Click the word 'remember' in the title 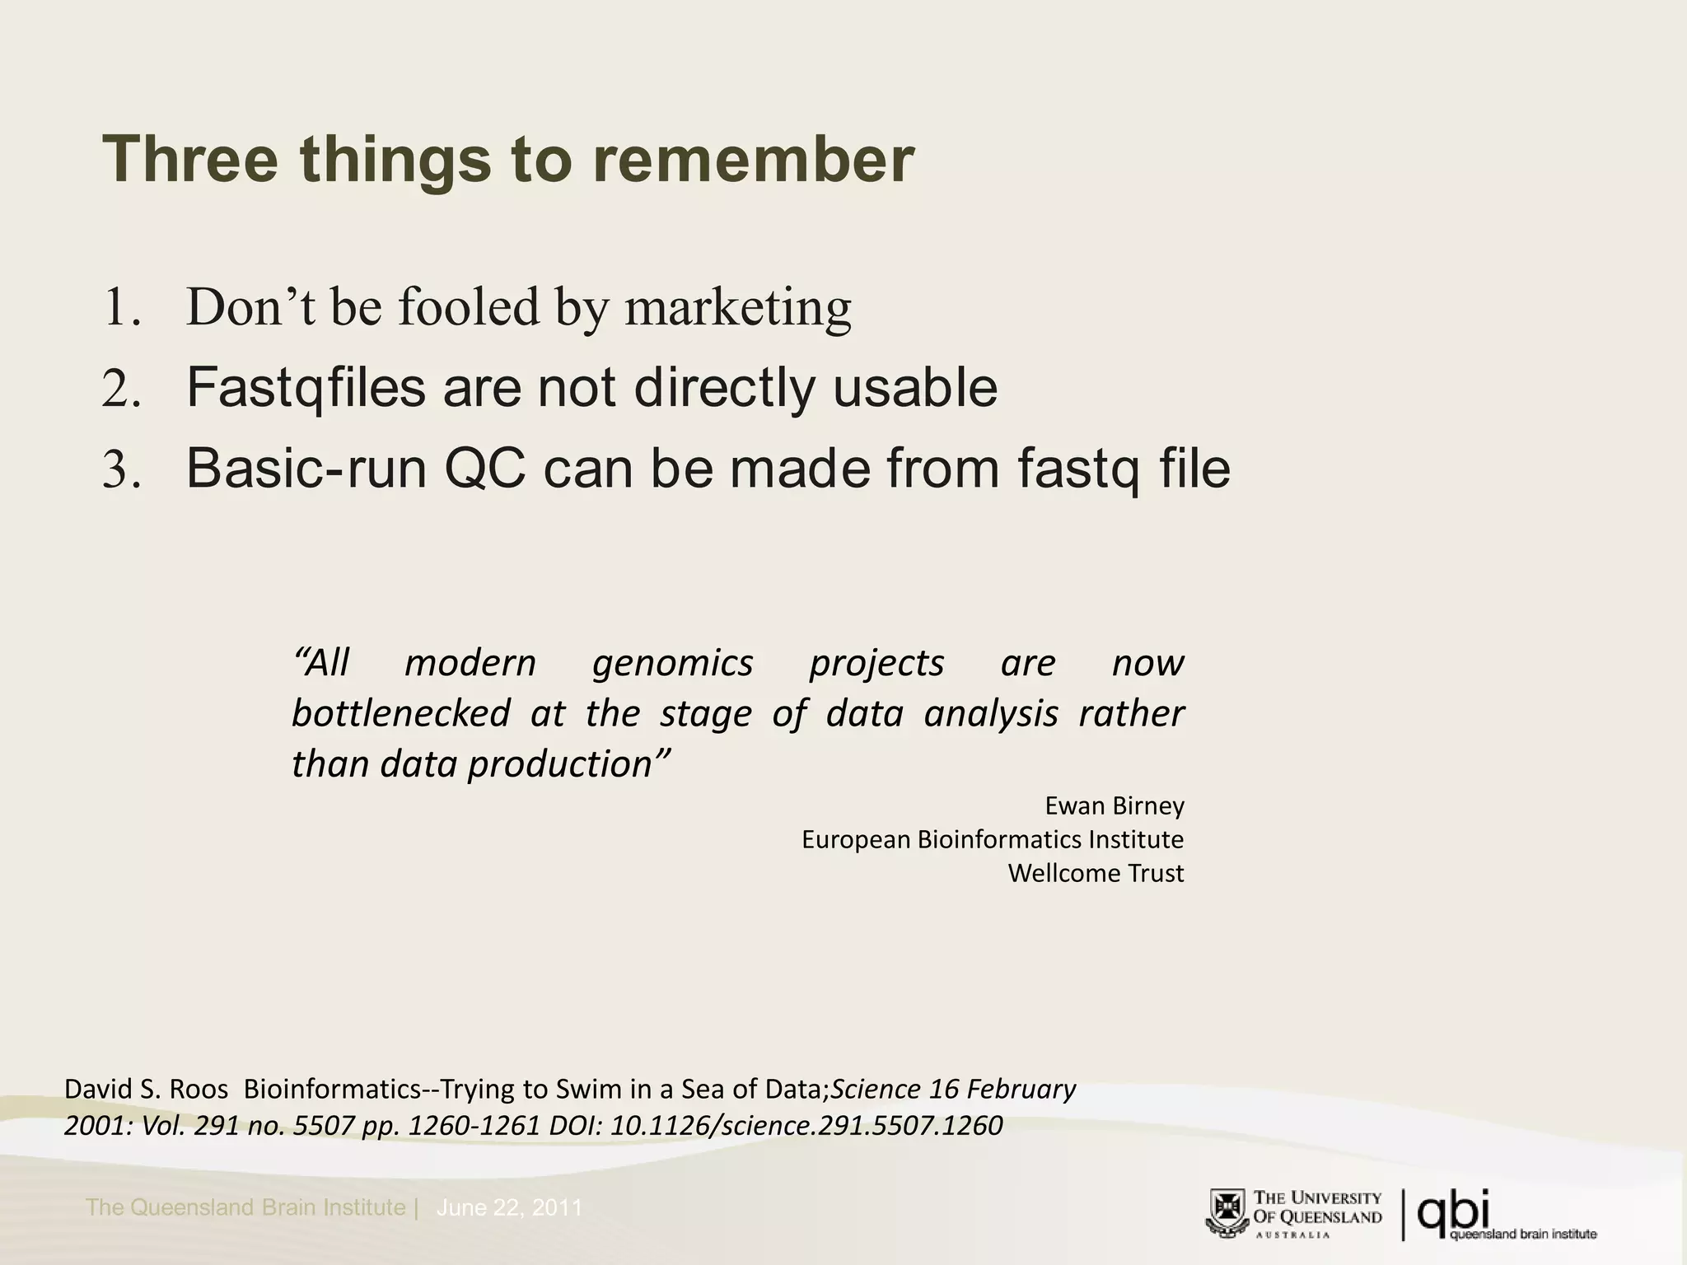[753, 160]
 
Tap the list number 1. [121, 307]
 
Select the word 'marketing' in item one [737, 307]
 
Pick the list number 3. [121, 469]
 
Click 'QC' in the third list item [484, 469]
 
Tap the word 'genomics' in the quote [672, 663]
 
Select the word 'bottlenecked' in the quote [400, 713]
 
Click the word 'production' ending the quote [569, 764]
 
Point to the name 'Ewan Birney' [1114, 805]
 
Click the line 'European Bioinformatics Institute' [992, 839]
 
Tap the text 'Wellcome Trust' [1096, 873]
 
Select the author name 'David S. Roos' [146, 1090]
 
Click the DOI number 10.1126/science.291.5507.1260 [806, 1125]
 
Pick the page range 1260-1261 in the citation [474, 1125]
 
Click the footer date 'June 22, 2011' [509, 1208]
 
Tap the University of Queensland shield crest [1228, 1213]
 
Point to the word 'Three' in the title [190, 160]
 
